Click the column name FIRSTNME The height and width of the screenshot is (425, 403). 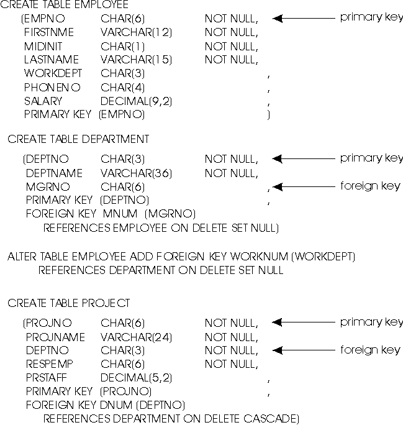click(49, 32)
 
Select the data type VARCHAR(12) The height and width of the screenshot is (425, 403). click(136, 32)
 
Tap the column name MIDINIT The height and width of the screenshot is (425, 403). click(43, 47)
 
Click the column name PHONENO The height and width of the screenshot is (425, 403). click(52, 87)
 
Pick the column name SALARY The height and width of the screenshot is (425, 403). click(43, 101)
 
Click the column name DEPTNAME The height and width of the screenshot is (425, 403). click(54, 173)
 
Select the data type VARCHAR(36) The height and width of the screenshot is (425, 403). click(136, 173)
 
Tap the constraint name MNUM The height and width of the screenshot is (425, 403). click(120, 214)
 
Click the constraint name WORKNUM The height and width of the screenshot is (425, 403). click(259, 257)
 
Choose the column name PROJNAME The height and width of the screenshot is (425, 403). click(55, 337)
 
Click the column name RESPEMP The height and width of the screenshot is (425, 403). click(50, 364)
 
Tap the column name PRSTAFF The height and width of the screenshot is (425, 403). click(47, 378)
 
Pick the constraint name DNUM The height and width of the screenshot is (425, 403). click(116, 405)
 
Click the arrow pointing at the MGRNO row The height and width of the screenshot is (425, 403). click(304, 187)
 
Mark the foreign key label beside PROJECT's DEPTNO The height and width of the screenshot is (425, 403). click(370, 350)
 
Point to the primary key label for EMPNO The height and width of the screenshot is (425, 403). click(371, 17)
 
